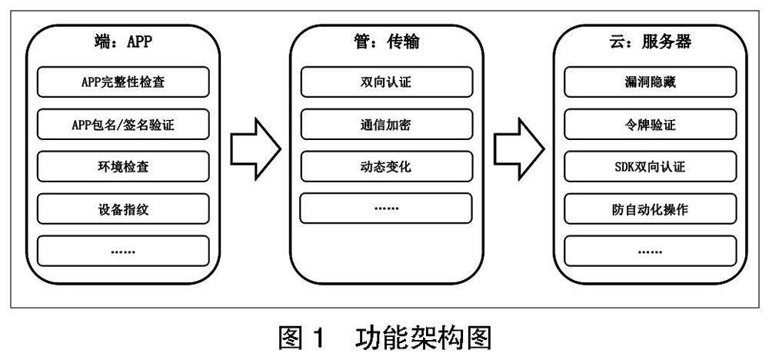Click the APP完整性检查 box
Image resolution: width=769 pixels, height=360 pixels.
(123, 82)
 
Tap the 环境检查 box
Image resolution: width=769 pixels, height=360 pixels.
(123, 167)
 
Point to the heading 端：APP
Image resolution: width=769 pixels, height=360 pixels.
(123, 42)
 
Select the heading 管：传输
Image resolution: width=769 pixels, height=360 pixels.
(385, 42)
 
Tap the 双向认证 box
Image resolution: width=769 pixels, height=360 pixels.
(385, 82)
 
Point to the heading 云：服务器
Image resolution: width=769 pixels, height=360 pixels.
(650, 42)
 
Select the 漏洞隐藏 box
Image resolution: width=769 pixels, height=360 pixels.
(650, 82)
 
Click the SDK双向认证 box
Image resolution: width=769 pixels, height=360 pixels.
(650, 167)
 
